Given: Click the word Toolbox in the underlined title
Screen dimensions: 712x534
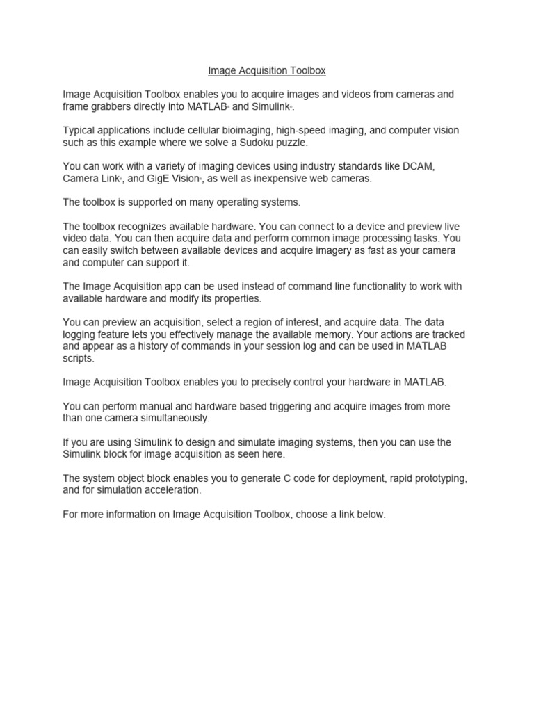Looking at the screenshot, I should (307, 70).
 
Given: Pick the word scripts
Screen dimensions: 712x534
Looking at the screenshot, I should (78, 359).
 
